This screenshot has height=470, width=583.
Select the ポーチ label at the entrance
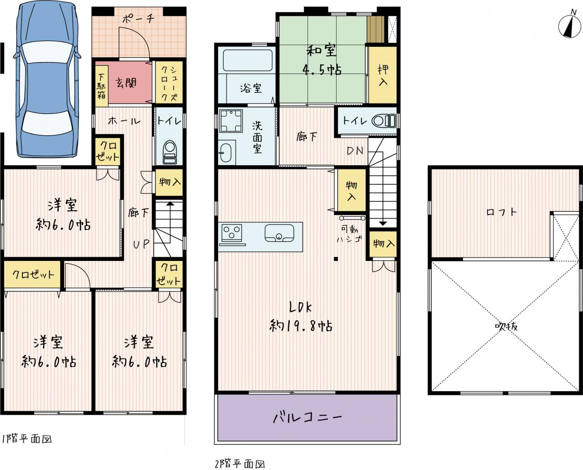[138, 19]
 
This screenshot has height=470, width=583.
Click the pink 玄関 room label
[126, 83]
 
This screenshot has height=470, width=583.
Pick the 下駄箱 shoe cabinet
[102, 86]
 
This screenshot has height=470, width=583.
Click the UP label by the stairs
[141, 245]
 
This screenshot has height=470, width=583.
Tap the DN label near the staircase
[355, 151]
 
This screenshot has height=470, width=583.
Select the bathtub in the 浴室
[248, 61]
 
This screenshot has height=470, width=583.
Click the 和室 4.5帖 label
[322, 60]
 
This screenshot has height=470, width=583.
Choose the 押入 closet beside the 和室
[383, 75]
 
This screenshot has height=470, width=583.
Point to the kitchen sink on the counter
[279, 233]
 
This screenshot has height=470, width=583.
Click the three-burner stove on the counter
[232, 233]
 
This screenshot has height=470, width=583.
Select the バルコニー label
[307, 418]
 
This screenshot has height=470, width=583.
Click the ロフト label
[501, 212]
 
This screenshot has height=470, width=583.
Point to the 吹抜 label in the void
[506, 327]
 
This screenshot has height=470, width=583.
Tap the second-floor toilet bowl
[384, 121]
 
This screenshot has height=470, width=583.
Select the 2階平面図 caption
[240, 465]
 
